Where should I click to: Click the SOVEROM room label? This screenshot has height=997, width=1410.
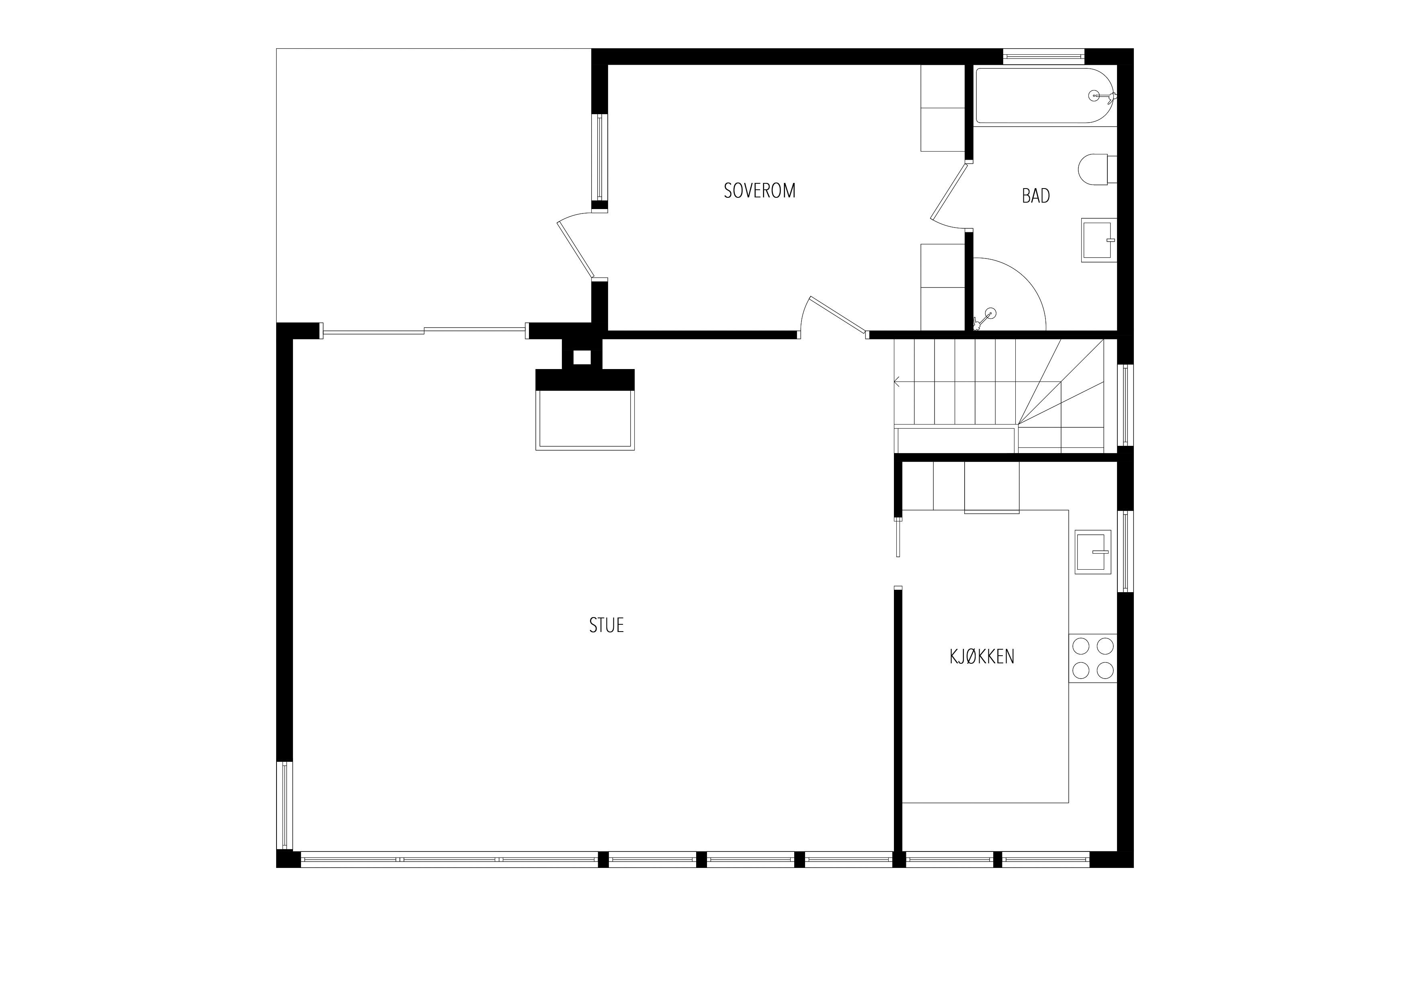click(760, 191)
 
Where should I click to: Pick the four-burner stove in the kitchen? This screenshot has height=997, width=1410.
click(1092, 658)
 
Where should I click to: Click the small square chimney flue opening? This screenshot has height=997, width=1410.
click(582, 357)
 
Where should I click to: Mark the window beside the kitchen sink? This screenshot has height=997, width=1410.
click(1125, 551)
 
